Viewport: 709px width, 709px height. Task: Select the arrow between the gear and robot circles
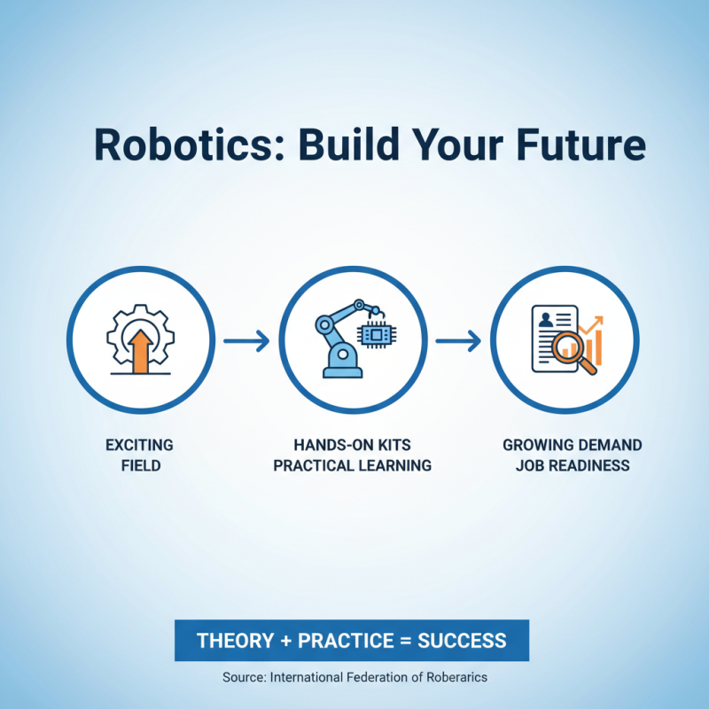(x=245, y=339)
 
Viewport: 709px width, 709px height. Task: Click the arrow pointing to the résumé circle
(x=457, y=339)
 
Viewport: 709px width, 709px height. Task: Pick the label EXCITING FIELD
(x=140, y=455)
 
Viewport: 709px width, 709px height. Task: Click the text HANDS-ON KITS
(x=352, y=445)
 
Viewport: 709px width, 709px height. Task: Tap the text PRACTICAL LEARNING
(x=352, y=465)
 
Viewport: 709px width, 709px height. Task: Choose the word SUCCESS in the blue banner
(x=462, y=641)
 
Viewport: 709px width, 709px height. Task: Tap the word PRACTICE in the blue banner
(x=341, y=641)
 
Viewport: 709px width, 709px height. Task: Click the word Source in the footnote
(x=244, y=677)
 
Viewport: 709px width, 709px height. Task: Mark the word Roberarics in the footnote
(x=456, y=677)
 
